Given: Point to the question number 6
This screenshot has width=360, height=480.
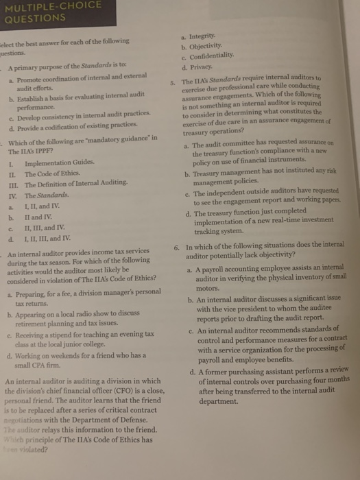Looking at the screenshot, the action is [177, 247].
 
